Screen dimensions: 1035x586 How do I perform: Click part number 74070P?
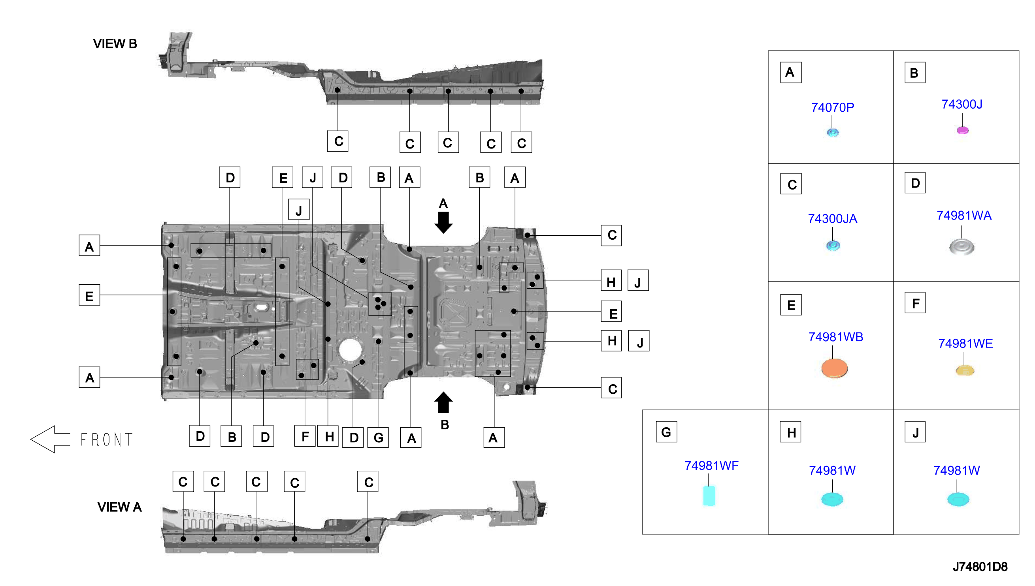832,107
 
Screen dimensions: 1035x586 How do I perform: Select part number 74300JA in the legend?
832,218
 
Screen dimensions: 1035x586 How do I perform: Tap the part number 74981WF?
711,465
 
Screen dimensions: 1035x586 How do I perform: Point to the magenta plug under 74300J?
962,130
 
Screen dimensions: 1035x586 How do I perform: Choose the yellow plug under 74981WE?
965,370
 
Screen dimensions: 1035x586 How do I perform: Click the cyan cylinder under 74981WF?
709,496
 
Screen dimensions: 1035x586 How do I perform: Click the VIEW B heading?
115,43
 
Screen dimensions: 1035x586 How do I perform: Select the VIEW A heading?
119,507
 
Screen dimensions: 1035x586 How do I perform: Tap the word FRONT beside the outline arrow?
106,439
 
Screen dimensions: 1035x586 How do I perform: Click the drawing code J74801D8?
979,567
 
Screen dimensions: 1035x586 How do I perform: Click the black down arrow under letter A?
443,223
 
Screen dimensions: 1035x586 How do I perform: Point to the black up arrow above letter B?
443,402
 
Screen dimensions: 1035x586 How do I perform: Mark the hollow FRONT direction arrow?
50,439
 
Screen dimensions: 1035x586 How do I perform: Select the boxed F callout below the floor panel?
305,436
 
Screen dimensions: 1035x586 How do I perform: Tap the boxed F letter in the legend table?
914,303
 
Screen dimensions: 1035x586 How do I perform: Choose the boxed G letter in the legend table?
666,432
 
